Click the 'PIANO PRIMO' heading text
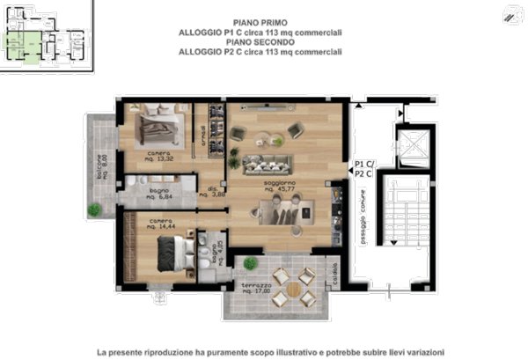[260, 21]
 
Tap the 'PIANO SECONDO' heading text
[260, 41]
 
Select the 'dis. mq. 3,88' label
[213, 193]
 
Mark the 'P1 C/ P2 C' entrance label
[363, 169]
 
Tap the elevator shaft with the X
[411, 144]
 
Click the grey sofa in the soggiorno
[267, 164]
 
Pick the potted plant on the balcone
[94, 209]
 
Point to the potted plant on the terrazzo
[250, 262]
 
